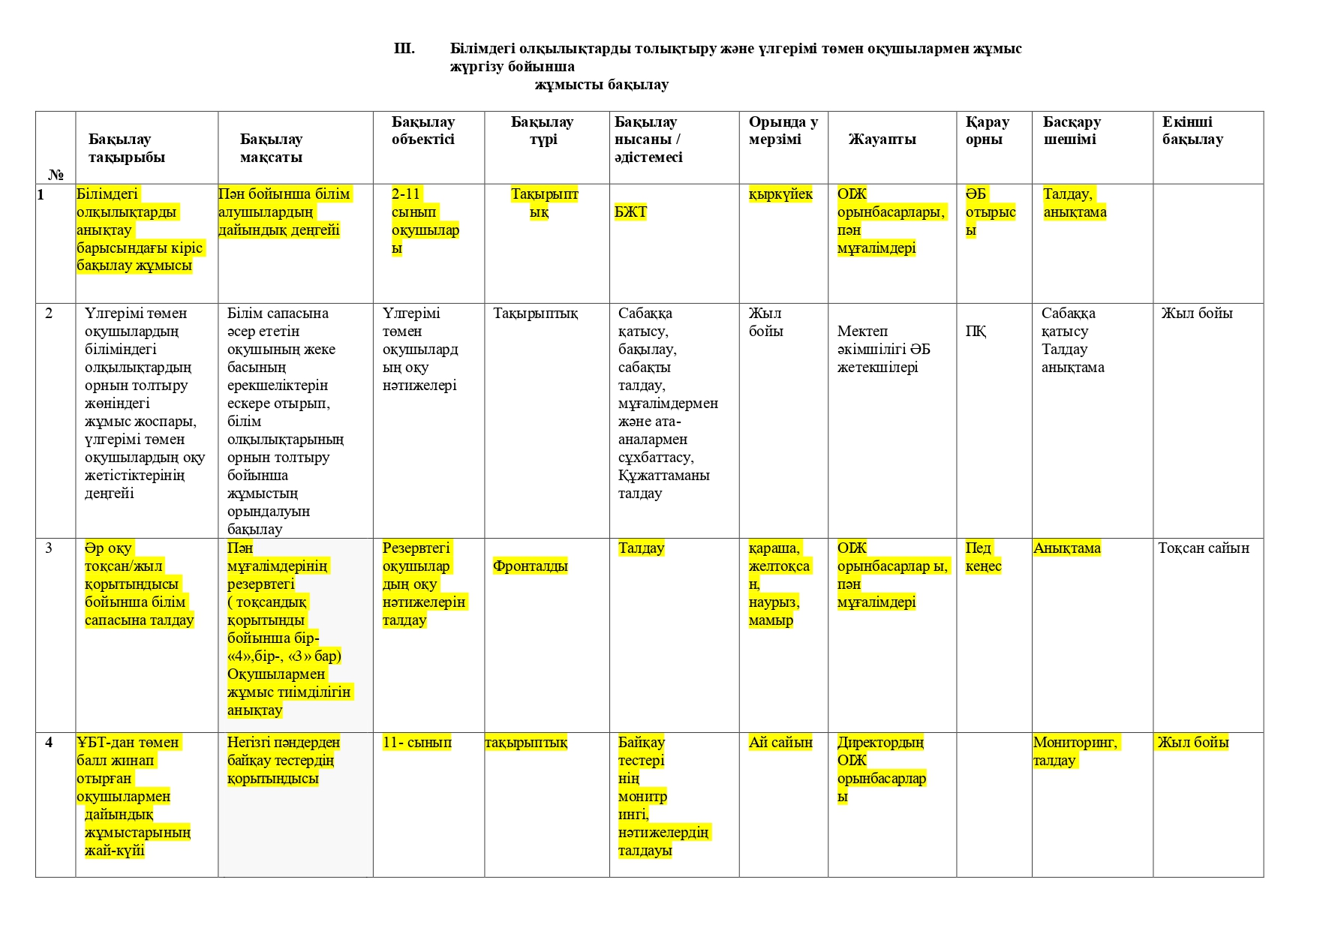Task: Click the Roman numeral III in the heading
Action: coord(404,49)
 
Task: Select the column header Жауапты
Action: coord(882,140)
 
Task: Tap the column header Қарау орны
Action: coord(987,131)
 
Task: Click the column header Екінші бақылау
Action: coord(1192,131)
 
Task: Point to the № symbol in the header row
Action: coord(56,175)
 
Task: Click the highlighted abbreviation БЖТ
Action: coord(630,212)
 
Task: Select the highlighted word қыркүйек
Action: coord(780,194)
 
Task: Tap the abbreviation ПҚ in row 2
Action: coord(976,332)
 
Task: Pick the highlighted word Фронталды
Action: coord(530,566)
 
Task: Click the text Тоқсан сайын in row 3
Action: coord(1204,548)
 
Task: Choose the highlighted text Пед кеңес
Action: coord(983,557)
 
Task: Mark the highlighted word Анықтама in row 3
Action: coord(1066,548)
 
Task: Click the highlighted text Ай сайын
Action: coord(780,743)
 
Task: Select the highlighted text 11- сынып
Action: coord(417,743)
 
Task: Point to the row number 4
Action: coord(49,743)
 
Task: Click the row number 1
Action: coord(41,195)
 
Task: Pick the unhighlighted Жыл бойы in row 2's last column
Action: coord(1197,314)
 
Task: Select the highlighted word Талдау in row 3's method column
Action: coord(641,548)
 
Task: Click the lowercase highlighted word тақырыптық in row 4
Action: coord(526,743)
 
